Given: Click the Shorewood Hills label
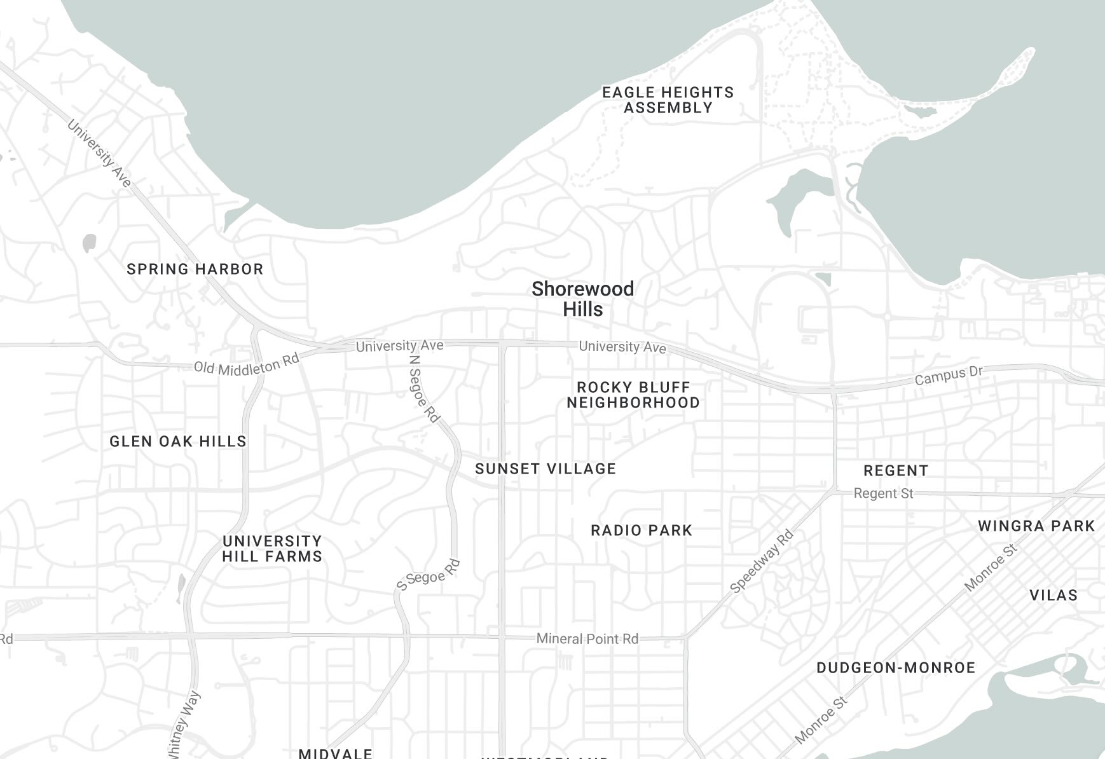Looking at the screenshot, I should click(582, 299).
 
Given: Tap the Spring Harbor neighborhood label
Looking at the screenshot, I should click(195, 269).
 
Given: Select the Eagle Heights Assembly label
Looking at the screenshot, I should click(668, 100).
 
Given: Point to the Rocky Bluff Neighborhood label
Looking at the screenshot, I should click(633, 395).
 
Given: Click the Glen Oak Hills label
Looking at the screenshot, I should click(178, 441).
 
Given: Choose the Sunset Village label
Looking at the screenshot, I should click(546, 468).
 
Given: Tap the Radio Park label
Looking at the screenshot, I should click(641, 530).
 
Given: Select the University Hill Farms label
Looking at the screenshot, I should click(272, 549).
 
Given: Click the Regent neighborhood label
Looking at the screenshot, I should click(896, 470).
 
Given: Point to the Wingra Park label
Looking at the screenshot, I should click(1036, 526).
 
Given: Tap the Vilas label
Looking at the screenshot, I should click(1054, 595).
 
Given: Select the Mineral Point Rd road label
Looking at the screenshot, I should click(587, 638).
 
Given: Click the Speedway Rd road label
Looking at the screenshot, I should click(762, 561).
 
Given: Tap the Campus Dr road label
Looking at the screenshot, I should click(949, 375).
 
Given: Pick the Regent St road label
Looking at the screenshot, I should click(883, 493).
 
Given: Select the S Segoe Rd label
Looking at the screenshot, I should click(428, 575).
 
